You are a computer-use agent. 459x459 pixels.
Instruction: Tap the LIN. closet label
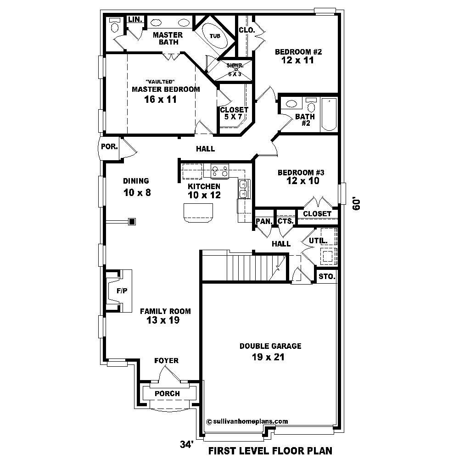point(134,19)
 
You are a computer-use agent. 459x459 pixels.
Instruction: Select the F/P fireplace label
point(122,291)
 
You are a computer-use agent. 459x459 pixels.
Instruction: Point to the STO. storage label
point(327,277)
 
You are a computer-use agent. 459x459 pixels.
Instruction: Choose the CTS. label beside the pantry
point(285,221)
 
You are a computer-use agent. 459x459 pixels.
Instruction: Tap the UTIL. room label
point(318,240)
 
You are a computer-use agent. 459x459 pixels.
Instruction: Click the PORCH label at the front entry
point(167,393)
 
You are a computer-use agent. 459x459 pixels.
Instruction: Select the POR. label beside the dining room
point(110,147)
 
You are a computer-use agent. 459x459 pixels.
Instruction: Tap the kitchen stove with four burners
point(220,171)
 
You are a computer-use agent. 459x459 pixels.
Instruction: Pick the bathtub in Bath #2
point(329,114)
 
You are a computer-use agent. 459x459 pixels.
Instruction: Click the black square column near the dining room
point(132,222)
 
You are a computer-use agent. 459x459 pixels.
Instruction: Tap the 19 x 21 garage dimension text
point(269,357)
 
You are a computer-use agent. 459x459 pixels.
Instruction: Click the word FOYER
point(166,361)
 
